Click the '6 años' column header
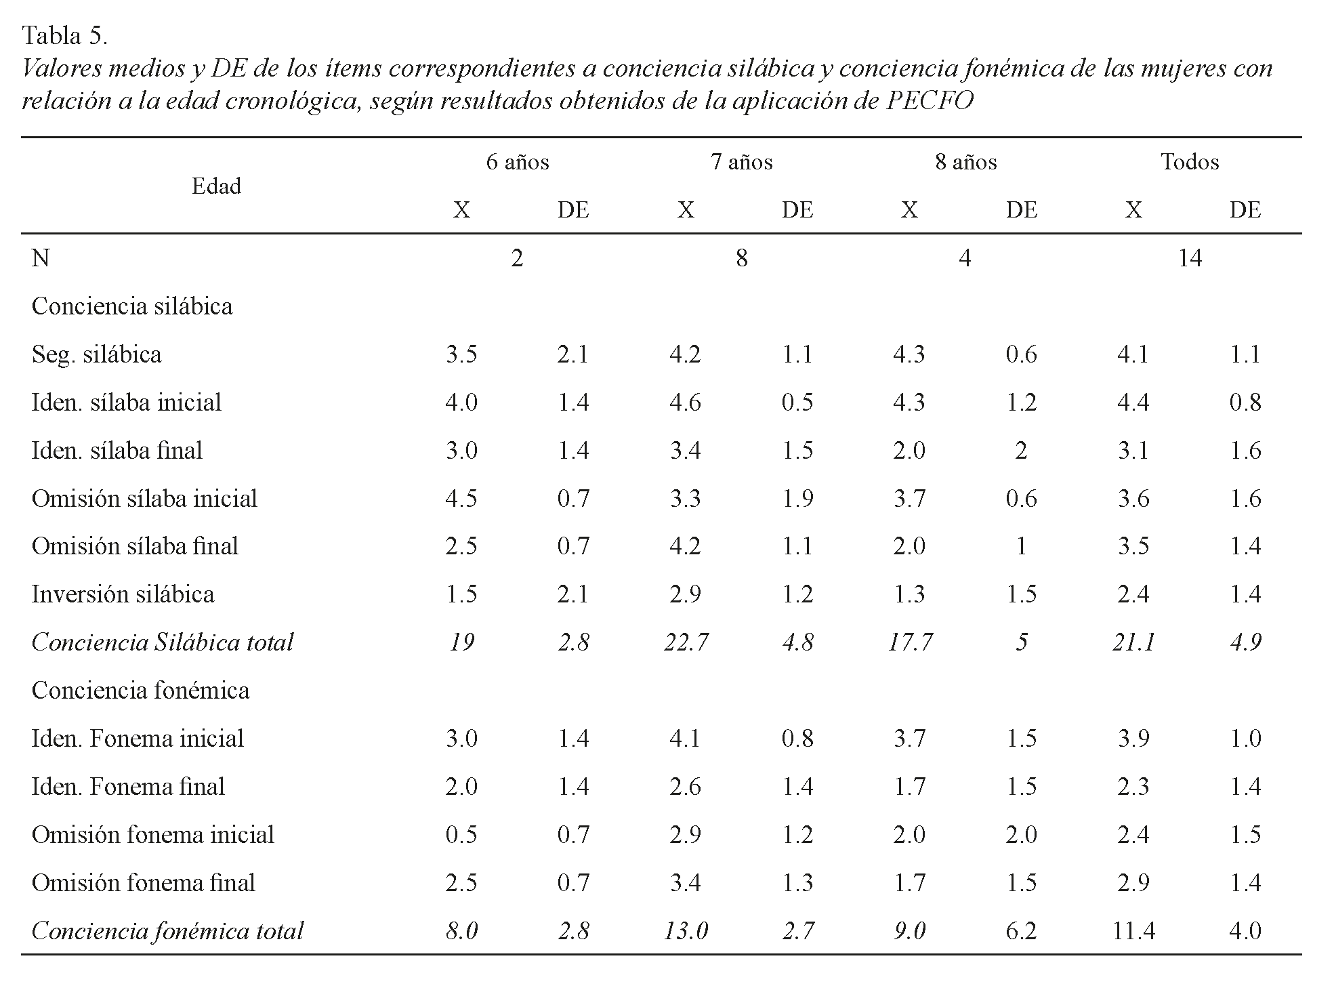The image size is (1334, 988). pos(517,162)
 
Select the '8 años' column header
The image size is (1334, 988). pos(965,162)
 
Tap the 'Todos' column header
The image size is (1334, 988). pos(1190,162)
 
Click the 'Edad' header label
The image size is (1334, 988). pos(216,186)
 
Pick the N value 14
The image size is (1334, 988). pos(1190,258)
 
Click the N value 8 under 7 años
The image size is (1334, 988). pos(741,258)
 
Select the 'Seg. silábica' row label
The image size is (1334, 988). pos(96,354)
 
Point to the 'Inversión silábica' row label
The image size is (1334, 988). pos(123,594)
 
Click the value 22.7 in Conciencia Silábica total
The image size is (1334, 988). pos(686,642)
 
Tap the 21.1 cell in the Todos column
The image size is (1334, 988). pos(1133,642)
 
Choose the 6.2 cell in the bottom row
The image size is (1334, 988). pos(1021,930)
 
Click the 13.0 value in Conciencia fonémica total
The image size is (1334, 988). pos(686,930)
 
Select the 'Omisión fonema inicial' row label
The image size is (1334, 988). pos(152,834)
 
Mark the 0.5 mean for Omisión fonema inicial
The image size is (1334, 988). pos(461,834)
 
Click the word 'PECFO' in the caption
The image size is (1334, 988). pos(930,100)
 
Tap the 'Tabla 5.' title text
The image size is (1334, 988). pos(64,35)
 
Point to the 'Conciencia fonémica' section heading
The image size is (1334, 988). pos(140,690)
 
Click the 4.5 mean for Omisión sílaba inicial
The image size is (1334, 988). pos(461,499)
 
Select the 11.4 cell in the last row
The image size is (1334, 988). pos(1133,930)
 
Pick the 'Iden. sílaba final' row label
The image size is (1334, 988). pos(117,451)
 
